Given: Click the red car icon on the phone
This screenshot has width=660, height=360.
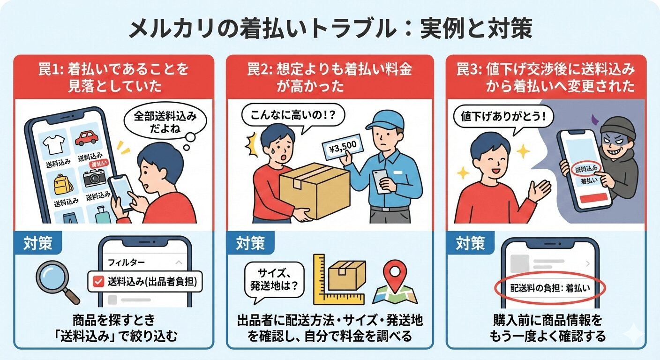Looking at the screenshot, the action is pos(86,138).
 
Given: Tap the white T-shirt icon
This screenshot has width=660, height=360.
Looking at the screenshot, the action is pos(53,144).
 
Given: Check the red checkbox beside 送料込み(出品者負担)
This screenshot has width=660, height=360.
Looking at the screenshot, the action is pos(98,282).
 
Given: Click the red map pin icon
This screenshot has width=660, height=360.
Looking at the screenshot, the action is pos(395,273).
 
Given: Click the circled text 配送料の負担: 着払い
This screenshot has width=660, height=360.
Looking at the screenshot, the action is pos(550,288).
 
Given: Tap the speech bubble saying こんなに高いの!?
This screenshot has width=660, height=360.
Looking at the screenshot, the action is pos(293,115).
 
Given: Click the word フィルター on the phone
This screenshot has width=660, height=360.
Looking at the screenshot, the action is pos(126,262).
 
